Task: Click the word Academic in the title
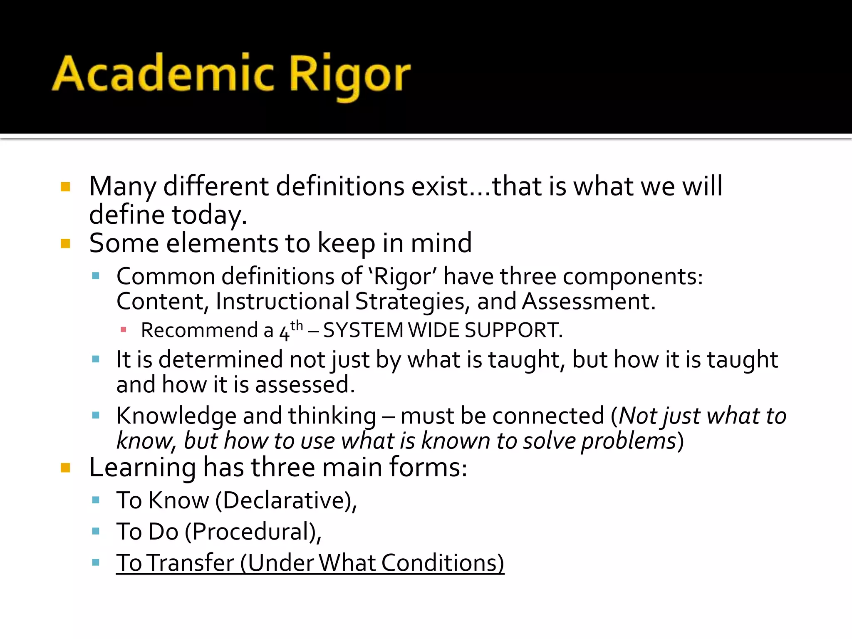tap(163, 74)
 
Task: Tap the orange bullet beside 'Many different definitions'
tap(65, 186)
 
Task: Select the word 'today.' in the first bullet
tap(209, 215)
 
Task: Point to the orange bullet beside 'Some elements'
tap(65, 243)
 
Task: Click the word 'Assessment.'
tap(589, 301)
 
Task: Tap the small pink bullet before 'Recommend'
tap(123, 330)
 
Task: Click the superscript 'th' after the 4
tap(297, 325)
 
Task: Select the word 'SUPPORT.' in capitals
tap(513, 330)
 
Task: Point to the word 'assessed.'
tap(305, 384)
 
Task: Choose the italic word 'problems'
tap(628, 441)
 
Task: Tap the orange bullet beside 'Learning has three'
tap(65, 468)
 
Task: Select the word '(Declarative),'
tap(286, 500)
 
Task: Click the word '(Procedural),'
tap(253, 532)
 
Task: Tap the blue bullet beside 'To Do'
tap(96, 531)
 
